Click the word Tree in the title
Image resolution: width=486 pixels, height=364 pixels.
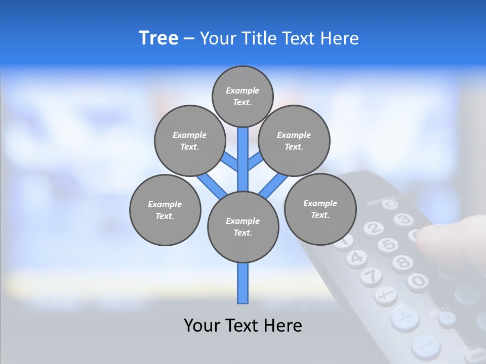(158, 38)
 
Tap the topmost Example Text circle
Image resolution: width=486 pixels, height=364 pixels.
(242, 96)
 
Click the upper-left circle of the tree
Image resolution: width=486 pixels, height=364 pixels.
(189, 141)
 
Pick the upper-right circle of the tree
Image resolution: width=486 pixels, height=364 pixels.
(294, 141)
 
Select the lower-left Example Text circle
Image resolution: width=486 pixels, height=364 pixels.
(165, 210)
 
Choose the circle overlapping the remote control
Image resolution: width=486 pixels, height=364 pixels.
(320, 209)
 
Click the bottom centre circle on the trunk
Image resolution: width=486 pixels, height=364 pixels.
(243, 226)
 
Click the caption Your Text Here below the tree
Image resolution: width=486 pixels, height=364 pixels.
(243, 325)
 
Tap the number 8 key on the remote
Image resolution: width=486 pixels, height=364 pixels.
(402, 262)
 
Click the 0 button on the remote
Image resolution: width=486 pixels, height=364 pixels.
(418, 281)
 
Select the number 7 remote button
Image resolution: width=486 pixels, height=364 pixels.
(371, 276)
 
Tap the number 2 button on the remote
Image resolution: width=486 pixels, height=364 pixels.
(373, 228)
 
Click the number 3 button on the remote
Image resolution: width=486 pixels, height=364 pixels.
(403, 219)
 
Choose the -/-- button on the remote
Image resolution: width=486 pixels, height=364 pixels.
(386, 295)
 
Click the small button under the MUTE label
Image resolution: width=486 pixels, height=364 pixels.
(447, 318)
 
